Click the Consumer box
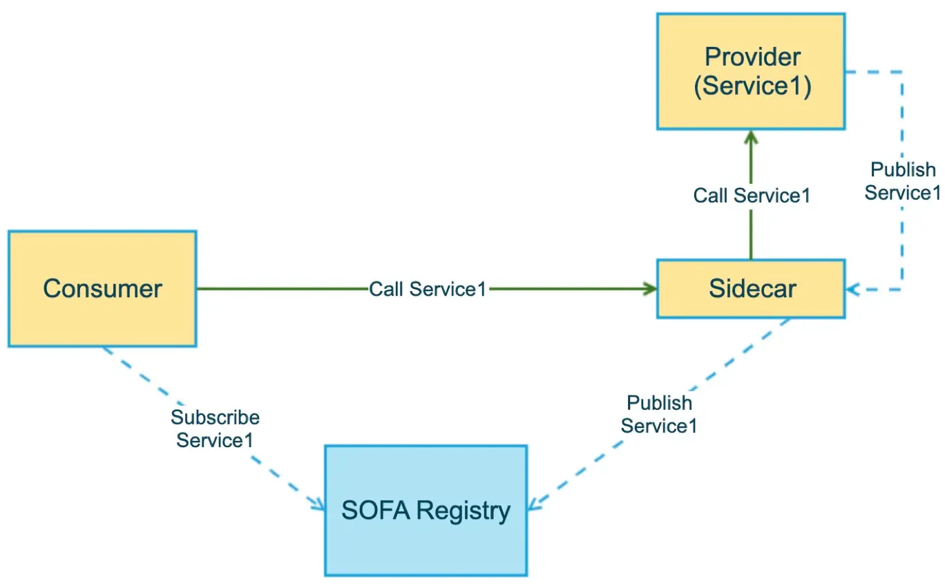coord(102,289)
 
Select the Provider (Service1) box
coord(751,72)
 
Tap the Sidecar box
coord(751,289)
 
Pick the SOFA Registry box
coord(426,511)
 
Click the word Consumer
coord(102,289)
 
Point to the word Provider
coord(753,57)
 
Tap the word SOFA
coord(376,510)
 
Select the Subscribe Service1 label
coord(215,428)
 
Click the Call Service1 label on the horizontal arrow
coord(428,290)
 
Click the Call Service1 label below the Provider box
coord(752,196)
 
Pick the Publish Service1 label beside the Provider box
coord(903,182)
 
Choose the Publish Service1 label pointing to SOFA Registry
coord(659,415)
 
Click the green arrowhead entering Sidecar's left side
coord(649,289)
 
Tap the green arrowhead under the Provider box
coord(751,138)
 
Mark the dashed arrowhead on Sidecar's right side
coord(853,290)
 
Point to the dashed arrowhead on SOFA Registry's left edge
coord(317,505)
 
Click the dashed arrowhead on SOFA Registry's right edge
coord(535,504)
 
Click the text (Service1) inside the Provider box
coord(753,86)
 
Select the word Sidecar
coord(753,289)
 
